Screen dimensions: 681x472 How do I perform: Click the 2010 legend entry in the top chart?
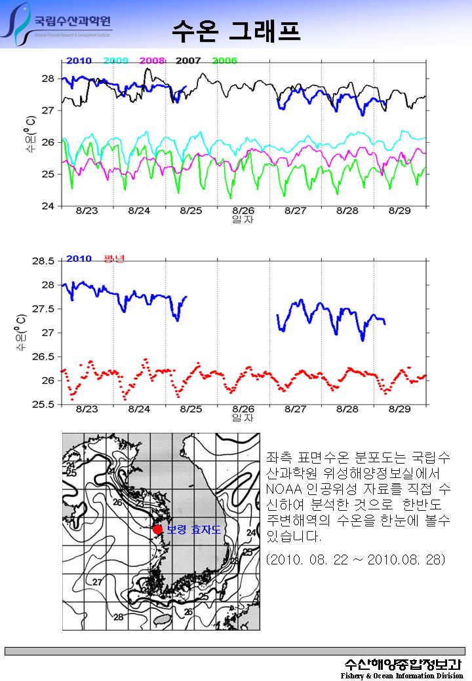[79, 61]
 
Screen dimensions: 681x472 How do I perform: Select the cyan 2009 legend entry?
[115, 61]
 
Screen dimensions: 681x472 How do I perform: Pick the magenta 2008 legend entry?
[152, 61]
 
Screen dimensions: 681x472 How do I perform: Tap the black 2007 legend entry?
[188, 61]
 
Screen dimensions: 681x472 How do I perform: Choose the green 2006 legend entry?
[225, 61]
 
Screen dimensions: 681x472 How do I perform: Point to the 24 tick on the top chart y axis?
[49, 206]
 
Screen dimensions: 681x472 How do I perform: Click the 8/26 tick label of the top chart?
[243, 211]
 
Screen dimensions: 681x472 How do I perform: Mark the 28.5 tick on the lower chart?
[43, 261]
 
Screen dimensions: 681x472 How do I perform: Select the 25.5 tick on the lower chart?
[43, 404]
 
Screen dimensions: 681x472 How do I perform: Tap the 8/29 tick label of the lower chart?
[400, 409]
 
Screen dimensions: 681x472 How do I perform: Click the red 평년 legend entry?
[114, 259]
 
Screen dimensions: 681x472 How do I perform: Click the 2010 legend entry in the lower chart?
[79, 259]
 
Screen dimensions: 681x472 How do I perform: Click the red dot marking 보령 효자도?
[157, 529]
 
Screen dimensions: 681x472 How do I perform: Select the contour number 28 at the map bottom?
[119, 617]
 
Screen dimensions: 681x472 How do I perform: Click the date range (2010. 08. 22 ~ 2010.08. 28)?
[356, 560]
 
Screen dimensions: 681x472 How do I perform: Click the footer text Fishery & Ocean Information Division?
[401, 675]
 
